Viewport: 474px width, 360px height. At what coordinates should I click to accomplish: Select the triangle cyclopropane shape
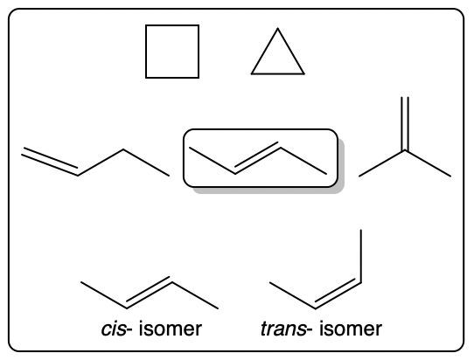[x=264, y=52]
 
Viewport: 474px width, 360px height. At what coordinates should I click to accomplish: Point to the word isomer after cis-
[x=171, y=329]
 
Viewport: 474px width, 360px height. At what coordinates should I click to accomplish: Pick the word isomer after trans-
[x=351, y=329]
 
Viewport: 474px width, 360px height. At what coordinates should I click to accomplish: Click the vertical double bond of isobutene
[x=405, y=124]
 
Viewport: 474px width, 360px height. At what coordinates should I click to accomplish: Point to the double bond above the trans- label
[x=338, y=293]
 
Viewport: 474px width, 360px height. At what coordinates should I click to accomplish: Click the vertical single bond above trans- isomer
[x=361, y=256]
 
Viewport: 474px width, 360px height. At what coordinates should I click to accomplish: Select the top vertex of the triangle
[x=278, y=28]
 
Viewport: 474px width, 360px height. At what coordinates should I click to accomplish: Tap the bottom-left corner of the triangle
[x=252, y=73]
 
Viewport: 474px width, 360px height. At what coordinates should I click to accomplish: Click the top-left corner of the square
[x=146, y=25]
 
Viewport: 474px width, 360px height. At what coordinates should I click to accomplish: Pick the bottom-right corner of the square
[x=199, y=78]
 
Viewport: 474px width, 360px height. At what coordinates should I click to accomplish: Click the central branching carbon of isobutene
[x=405, y=150]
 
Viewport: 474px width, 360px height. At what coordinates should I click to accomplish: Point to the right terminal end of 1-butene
[x=169, y=176]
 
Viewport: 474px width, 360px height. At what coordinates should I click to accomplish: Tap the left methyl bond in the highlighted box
[x=213, y=161]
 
